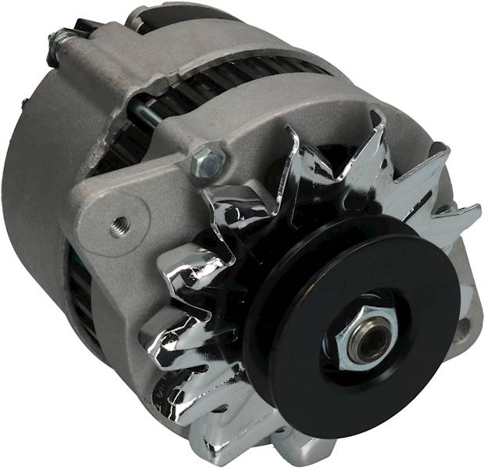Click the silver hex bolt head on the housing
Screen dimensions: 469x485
coord(209,161)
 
